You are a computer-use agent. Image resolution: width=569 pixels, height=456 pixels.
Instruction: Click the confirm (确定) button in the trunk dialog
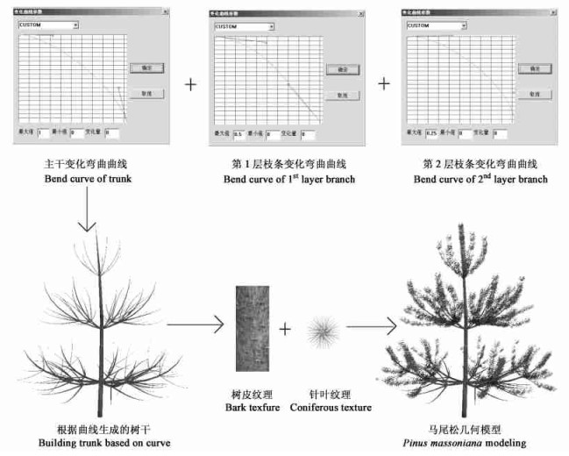pos(140,67)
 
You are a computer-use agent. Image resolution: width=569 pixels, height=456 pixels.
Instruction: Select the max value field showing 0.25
pos(430,133)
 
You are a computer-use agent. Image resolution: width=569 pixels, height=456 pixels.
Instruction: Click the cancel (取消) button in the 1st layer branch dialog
pos(337,95)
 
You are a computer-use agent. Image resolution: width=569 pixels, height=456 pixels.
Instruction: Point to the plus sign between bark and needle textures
pos(285,330)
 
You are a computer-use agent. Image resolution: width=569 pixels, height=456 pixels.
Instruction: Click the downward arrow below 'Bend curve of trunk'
pos(86,210)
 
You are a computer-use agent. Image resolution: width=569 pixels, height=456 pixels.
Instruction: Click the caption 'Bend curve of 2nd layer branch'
pos(480,180)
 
